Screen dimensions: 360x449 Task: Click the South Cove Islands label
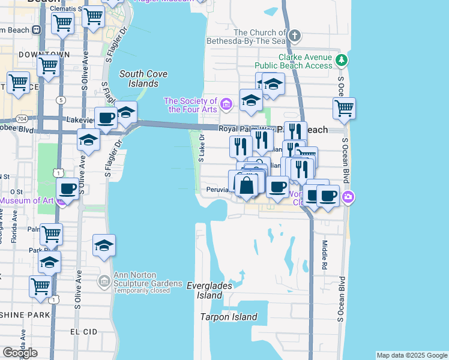[x=143, y=79]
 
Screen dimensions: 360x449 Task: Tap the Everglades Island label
[x=209, y=290]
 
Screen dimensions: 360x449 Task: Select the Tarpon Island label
[x=229, y=317]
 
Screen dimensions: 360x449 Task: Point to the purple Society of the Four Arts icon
[x=226, y=105]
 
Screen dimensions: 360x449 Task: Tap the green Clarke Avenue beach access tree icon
[x=341, y=60]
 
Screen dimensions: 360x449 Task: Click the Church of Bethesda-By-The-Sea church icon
[x=294, y=36]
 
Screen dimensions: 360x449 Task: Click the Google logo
[x=19, y=353]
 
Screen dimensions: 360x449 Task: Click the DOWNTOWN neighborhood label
[x=36, y=55]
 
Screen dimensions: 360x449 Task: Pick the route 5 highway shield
[x=61, y=100]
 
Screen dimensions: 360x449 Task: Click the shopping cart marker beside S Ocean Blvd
[x=344, y=109]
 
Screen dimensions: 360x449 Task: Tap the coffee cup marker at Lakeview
[x=106, y=118]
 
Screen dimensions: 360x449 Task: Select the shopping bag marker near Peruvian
[x=247, y=184]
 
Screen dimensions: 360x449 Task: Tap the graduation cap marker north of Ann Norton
[x=104, y=245]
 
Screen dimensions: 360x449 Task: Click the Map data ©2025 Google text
[x=412, y=355]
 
